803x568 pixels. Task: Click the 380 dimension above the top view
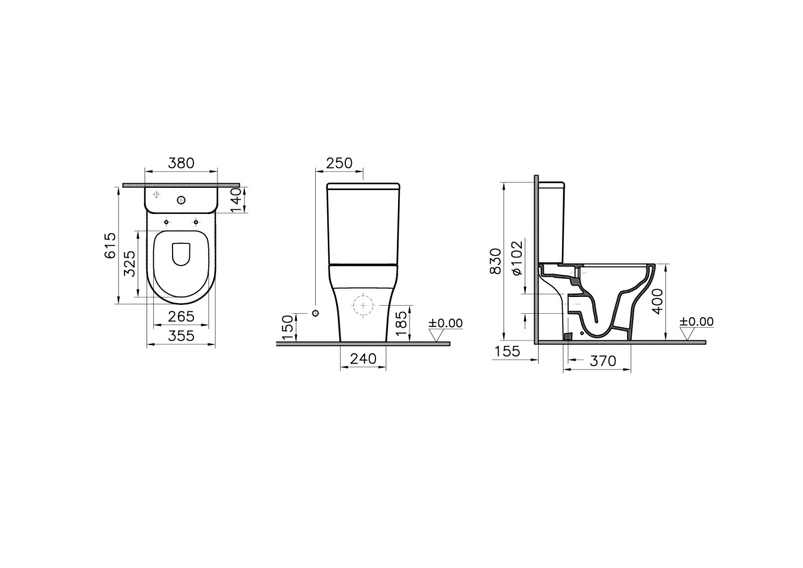click(181, 163)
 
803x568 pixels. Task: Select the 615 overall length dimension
click(110, 246)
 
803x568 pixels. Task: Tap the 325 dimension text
click(129, 264)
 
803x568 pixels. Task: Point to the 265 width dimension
click(181, 316)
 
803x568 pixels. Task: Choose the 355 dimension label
click(181, 336)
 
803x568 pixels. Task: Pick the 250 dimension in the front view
click(339, 163)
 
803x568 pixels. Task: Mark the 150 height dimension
click(288, 328)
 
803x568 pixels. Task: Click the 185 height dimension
click(401, 324)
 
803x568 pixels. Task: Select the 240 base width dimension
click(363, 359)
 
